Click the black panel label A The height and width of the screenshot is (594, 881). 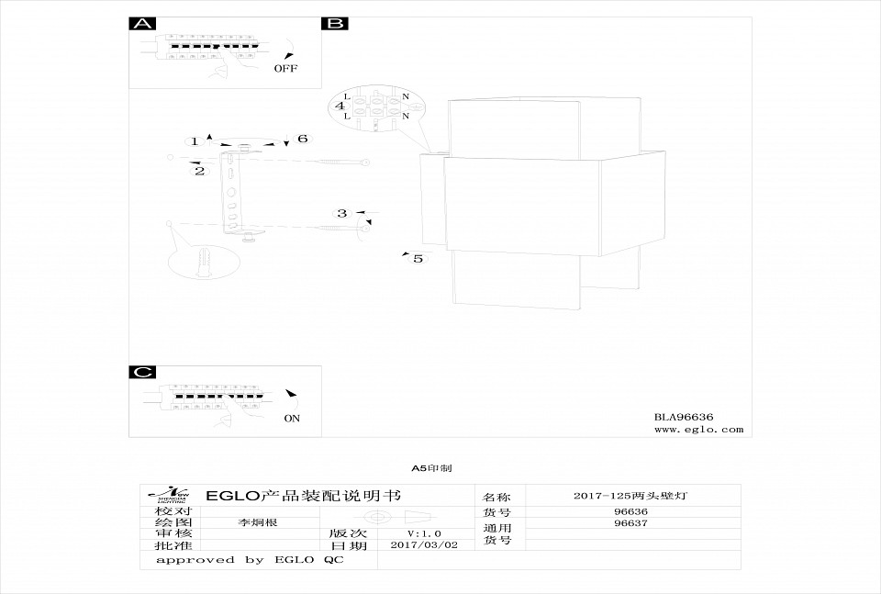pos(142,24)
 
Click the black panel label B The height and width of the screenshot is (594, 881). pos(334,24)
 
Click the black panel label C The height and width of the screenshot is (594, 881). pos(142,372)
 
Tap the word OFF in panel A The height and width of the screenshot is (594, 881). pos(285,68)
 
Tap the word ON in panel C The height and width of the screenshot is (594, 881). pos(292,418)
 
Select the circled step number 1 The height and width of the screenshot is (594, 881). pos(195,141)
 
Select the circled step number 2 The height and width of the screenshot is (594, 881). pos(199,172)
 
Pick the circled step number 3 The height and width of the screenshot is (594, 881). pos(342,213)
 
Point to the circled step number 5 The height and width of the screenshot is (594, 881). pos(418,259)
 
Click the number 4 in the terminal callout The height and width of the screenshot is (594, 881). pos(340,106)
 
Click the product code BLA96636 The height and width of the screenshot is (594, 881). pos(684,416)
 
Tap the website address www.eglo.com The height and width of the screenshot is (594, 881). pos(698,429)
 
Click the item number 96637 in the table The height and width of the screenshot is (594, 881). pos(630,523)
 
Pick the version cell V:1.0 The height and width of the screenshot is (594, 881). pos(424,533)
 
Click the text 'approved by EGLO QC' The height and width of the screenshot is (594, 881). pos(250,559)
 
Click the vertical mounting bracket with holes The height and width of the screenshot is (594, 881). pos(232,193)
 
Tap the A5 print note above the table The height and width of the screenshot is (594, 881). pos(431,468)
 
